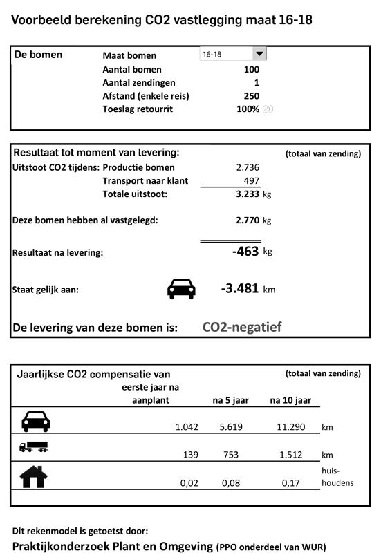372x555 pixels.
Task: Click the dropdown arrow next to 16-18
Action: click(x=259, y=54)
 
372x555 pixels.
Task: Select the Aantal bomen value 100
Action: click(x=252, y=69)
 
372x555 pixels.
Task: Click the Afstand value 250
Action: click(x=252, y=96)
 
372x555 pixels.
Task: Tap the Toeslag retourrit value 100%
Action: click(x=248, y=109)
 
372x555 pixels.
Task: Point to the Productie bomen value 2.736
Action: click(x=248, y=167)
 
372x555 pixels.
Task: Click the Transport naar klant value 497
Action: click(x=251, y=181)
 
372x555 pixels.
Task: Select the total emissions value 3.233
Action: click(x=247, y=194)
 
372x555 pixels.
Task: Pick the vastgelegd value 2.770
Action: click(x=247, y=220)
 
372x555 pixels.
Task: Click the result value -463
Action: click(x=245, y=252)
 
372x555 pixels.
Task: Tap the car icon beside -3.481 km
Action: click(x=182, y=289)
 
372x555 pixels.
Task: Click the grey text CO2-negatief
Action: click(x=242, y=327)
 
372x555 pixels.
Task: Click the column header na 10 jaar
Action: click(x=290, y=400)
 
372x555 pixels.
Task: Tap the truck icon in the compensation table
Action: click(x=34, y=447)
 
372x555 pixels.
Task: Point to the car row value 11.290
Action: click(x=290, y=427)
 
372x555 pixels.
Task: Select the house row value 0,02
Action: click(x=189, y=482)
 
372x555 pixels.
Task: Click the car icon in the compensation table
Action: click(x=35, y=421)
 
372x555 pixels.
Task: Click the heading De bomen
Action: click(x=39, y=55)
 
